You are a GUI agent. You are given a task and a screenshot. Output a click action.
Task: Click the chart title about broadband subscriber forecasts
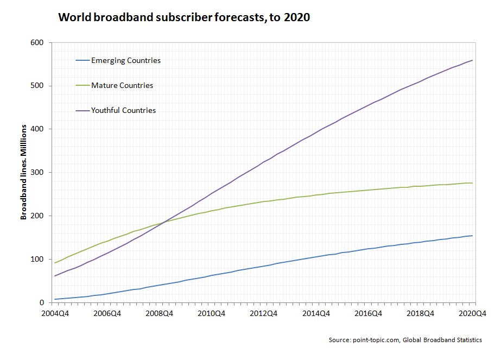click(183, 17)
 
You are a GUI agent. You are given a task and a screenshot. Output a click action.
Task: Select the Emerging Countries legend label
click(126, 60)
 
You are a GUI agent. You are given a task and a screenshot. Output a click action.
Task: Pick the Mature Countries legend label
click(122, 85)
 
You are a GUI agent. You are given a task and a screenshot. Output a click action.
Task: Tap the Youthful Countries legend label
click(123, 110)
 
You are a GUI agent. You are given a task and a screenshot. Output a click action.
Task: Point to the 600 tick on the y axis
click(39, 42)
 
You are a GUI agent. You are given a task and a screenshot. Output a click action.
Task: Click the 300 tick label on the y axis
click(39, 172)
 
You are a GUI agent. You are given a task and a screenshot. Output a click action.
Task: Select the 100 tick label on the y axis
click(39, 259)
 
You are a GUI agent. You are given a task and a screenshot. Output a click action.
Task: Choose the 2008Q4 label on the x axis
click(160, 313)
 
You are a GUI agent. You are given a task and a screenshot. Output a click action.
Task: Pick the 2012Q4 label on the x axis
click(264, 313)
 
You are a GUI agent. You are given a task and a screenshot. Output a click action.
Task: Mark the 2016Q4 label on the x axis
click(369, 313)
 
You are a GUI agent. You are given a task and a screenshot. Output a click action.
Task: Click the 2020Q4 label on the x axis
click(472, 313)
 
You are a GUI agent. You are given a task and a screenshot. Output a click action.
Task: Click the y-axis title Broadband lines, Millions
click(23, 172)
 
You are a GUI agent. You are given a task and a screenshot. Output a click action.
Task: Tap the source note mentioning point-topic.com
click(405, 340)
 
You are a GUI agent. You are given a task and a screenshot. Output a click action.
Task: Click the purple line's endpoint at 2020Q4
click(473, 60)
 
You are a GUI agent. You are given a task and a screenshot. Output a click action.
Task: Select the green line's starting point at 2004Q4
click(55, 263)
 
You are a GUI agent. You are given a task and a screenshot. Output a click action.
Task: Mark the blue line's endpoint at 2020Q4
click(473, 236)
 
